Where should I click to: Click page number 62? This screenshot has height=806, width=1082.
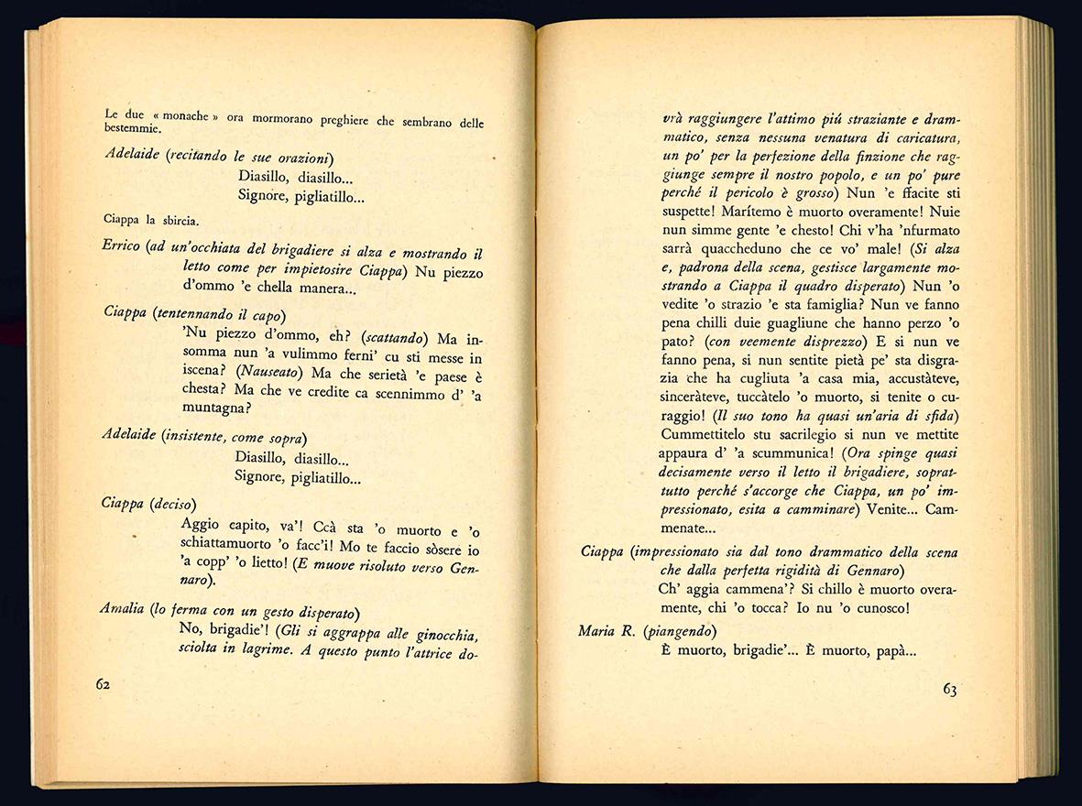pos(104,686)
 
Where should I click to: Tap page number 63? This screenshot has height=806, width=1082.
pos(949,690)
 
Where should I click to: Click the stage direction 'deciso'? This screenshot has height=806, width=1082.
pos(171,504)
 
